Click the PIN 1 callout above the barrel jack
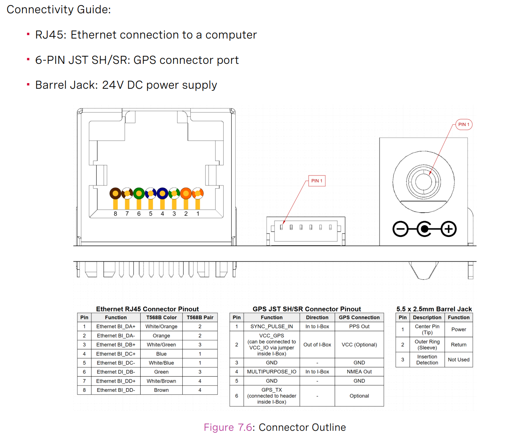[x=464, y=124]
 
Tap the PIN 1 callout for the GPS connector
[x=317, y=181]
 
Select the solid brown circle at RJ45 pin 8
[x=115, y=194]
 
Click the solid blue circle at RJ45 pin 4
[x=162, y=194]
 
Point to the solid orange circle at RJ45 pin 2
[x=186, y=194]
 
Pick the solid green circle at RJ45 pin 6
[x=139, y=194]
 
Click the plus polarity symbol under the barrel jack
[x=448, y=229]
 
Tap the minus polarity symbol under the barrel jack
[x=400, y=229]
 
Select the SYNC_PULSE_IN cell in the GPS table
[x=271, y=326]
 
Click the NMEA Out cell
[x=359, y=372]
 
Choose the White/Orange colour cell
[x=161, y=326]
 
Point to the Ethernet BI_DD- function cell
[x=115, y=390]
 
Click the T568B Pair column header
[x=200, y=317]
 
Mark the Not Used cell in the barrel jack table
[x=459, y=360]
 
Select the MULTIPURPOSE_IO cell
[x=271, y=372]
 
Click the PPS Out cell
[x=359, y=326]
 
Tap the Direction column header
[x=317, y=317]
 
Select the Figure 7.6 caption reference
[x=228, y=427]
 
